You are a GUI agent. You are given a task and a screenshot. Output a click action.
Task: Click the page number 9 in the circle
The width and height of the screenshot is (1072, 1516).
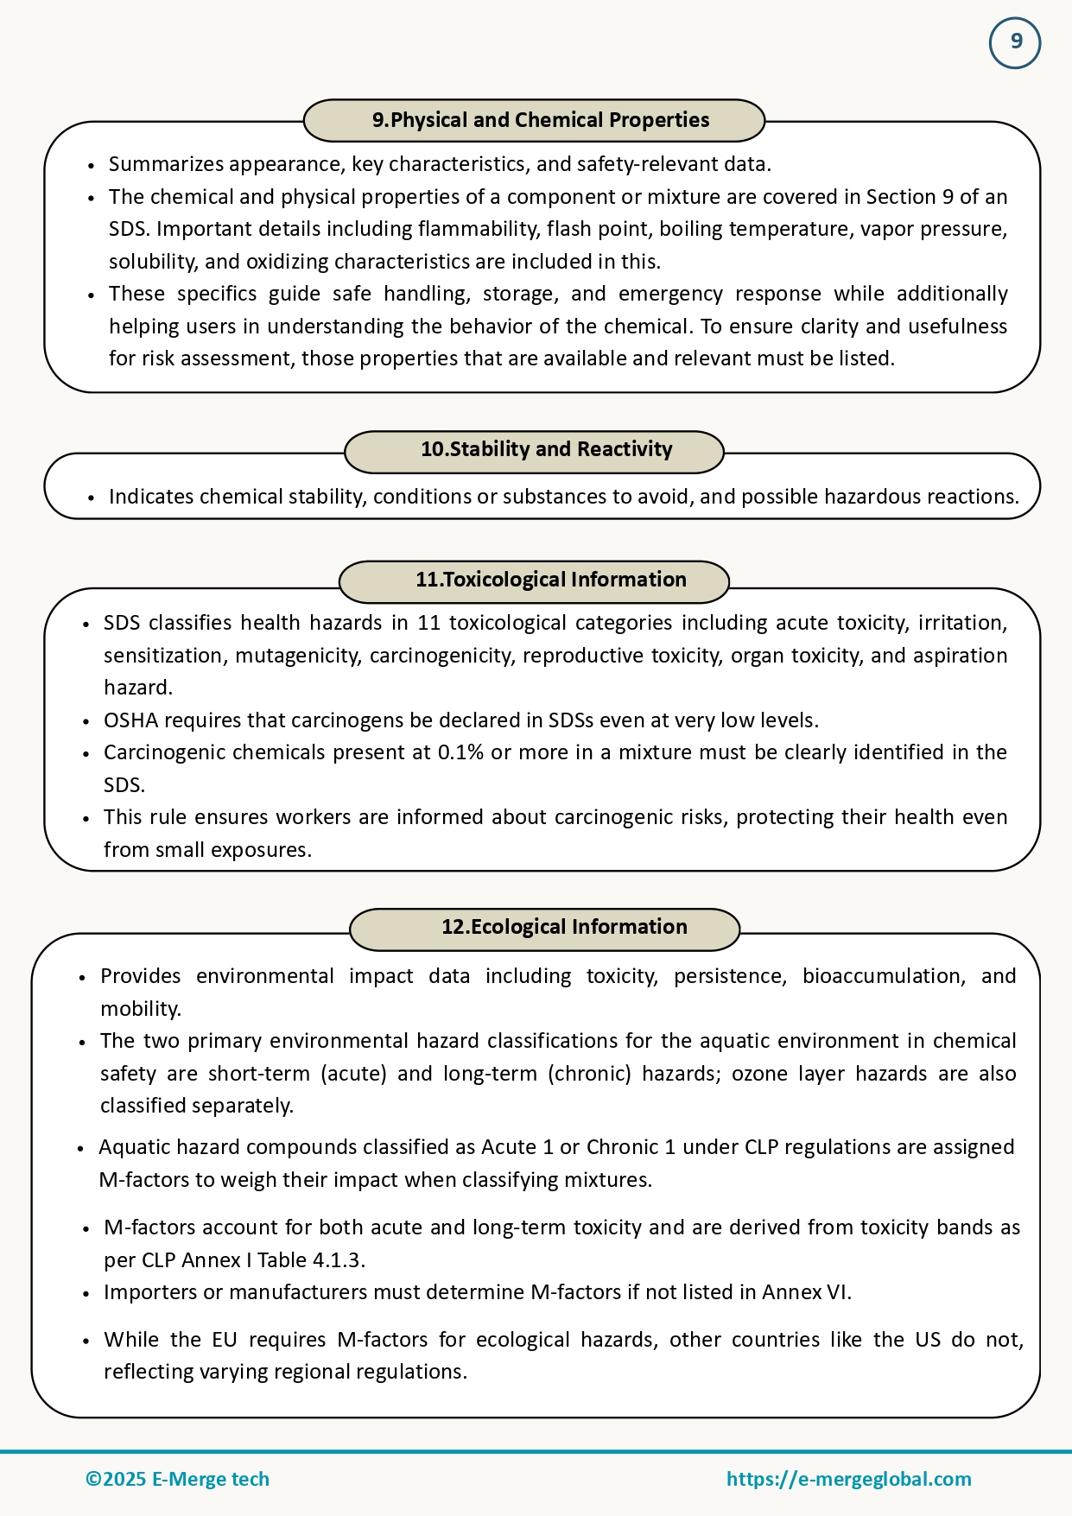point(1015,41)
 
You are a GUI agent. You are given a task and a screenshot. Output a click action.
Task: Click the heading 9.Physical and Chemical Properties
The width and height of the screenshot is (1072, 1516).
point(540,120)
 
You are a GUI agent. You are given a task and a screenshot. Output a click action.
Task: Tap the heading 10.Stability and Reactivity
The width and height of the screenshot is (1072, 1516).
point(546,449)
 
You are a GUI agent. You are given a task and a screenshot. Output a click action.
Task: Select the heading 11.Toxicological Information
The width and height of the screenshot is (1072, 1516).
point(550,580)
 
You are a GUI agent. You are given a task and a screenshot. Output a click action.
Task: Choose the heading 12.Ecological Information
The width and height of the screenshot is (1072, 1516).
point(564,927)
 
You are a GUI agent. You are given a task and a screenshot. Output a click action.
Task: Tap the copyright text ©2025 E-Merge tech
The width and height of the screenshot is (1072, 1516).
point(177,1479)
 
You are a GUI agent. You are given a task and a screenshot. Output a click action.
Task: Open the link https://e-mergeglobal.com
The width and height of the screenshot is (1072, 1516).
point(848,1479)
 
